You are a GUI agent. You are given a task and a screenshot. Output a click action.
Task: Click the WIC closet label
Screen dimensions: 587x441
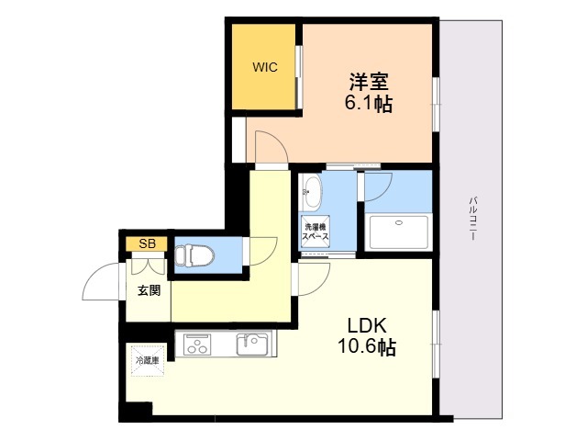(265, 67)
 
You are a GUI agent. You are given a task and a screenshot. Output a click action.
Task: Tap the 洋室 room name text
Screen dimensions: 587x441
(369, 82)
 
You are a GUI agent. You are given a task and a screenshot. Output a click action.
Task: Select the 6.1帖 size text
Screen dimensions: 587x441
(369, 104)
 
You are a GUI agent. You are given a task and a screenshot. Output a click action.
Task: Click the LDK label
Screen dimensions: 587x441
(367, 325)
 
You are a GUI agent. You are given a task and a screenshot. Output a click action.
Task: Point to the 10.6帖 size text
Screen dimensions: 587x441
(367, 347)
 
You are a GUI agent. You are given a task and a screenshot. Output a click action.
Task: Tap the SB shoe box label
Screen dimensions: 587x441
(147, 244)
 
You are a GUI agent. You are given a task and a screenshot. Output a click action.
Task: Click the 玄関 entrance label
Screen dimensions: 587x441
(149, 290)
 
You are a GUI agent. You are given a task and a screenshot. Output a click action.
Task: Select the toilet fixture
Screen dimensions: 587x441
(194, 256)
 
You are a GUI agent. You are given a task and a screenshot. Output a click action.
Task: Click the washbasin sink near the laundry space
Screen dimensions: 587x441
(312, 192)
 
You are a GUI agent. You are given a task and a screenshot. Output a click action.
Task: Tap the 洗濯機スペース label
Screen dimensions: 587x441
(316, 232)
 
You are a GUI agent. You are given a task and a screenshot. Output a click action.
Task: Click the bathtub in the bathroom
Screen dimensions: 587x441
(399, 232)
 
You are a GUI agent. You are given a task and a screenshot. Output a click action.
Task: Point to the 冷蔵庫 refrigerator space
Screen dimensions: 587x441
(147, 361)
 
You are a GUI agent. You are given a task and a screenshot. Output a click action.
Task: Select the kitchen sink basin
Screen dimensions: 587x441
(252, 345)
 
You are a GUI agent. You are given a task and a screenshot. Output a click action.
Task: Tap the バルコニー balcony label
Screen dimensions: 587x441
(472, 218)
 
